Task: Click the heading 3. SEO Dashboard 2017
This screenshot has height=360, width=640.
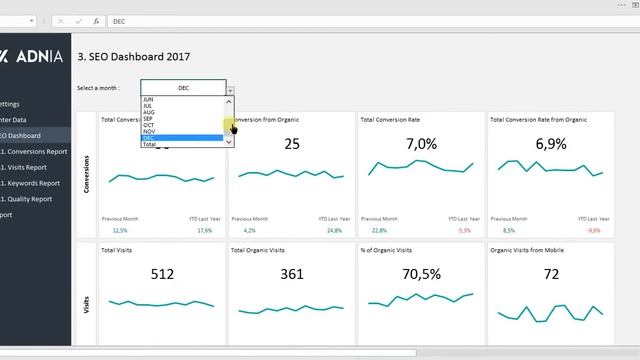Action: click(x=133, y=57)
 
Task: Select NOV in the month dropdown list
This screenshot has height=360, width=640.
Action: click(x=149, y=131)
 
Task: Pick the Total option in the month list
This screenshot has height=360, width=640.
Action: click(x=149, y=145)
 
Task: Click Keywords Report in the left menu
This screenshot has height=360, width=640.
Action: click(x=33, y=183)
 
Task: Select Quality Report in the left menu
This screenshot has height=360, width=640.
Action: click(x=30, y=199)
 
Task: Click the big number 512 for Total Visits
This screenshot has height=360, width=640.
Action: click(x=163, y=274)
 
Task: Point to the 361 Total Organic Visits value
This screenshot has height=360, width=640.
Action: click(x=292, y=274)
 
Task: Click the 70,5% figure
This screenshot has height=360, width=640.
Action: click(x=421, y=274)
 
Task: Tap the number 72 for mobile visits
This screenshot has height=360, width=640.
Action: click(x=551, y=274)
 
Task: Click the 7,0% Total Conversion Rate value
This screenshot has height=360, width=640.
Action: click(x=421, y=144)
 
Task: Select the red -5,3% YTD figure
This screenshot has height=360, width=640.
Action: click(x=463, y=230)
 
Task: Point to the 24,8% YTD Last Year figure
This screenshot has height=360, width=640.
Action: click(x=334, y=230)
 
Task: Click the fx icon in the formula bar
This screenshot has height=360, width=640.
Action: click(x=95, y=20)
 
